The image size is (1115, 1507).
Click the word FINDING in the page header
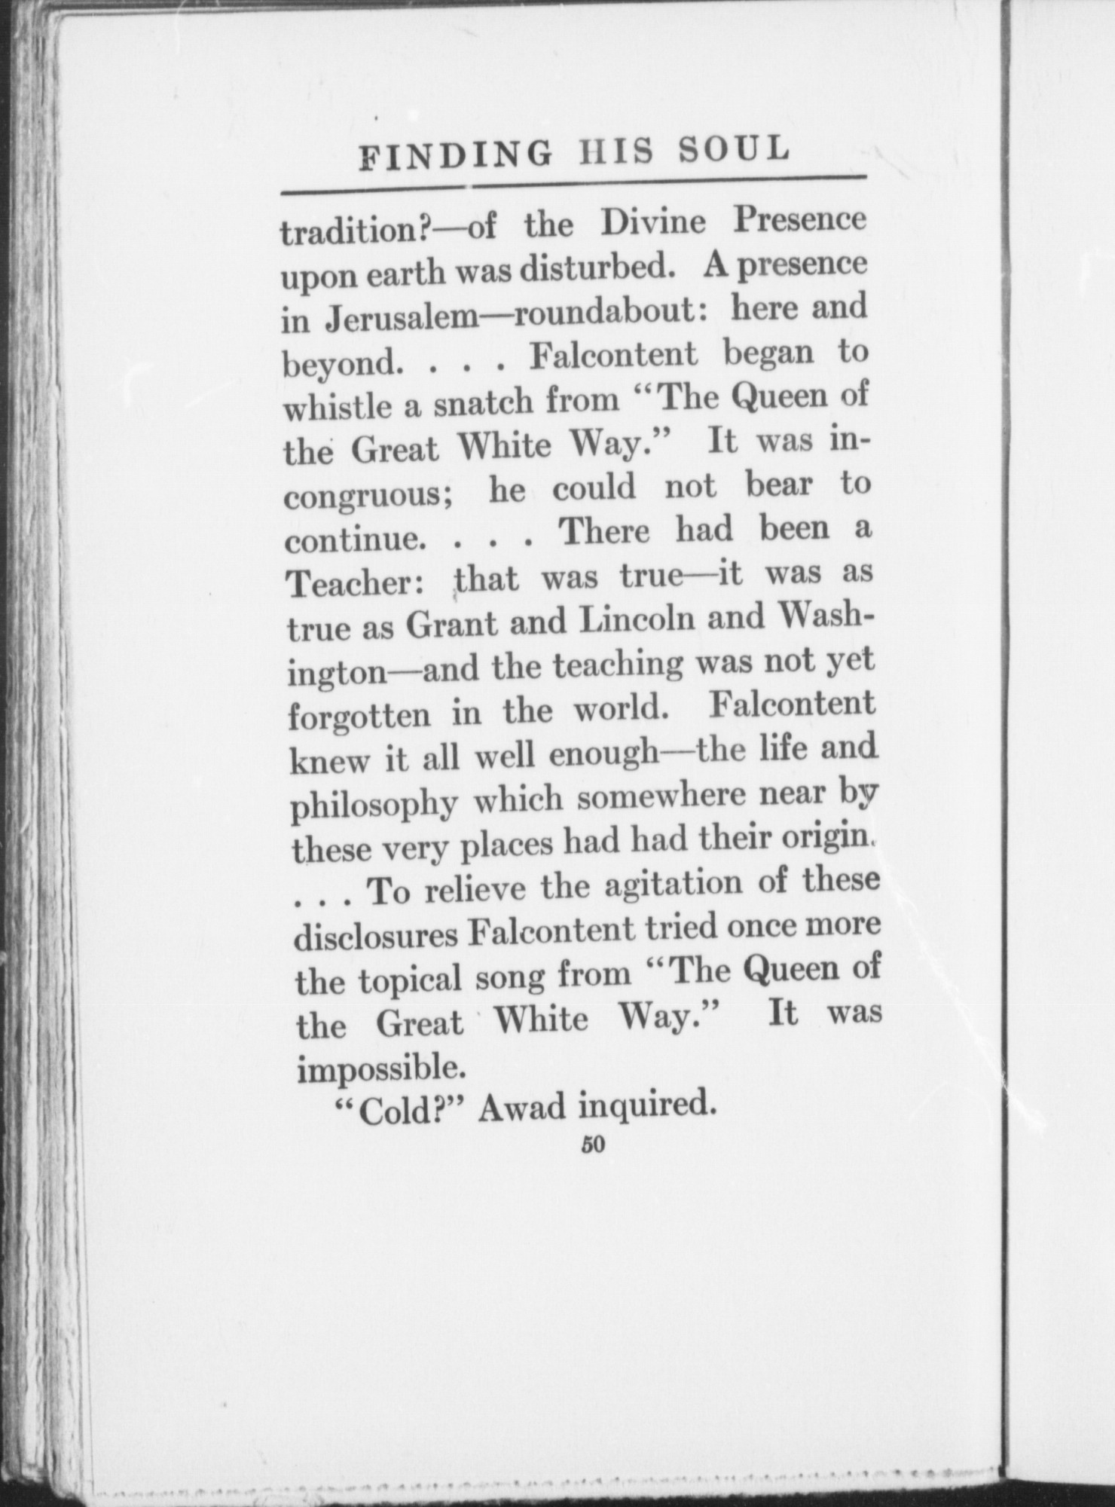pos(455,155)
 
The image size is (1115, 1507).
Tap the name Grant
pos(460,623)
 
